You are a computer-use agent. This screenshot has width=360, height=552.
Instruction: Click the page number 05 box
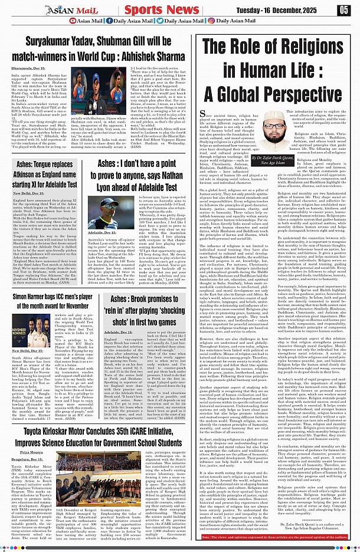[343, 10]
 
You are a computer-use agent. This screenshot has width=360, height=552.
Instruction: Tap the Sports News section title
[158, 10]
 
